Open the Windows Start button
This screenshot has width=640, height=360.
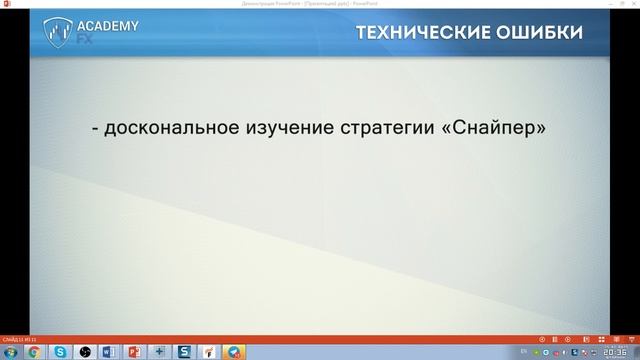click(10, 351)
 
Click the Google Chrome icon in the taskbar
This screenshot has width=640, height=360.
click(35, 351)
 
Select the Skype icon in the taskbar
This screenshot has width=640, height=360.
click(61, 351)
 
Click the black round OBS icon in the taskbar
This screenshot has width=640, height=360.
click(86, 351)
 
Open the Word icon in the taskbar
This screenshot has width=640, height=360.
click(110, 351)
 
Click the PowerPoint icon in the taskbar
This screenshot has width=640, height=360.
click(135, 351)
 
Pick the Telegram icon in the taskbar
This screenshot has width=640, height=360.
click(233, 351)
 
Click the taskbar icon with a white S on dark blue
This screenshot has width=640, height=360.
click(184, 351)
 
